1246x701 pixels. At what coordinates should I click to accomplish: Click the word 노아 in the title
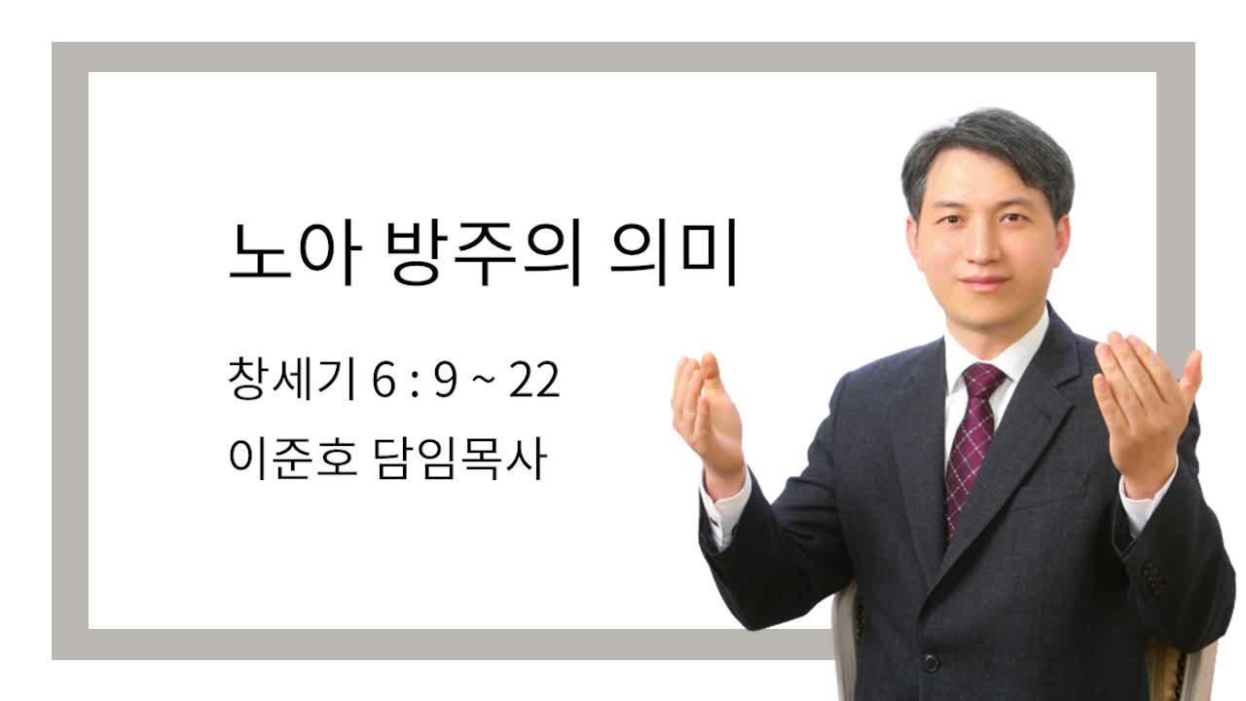[295, 252]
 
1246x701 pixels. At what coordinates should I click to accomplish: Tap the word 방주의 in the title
[484, 252]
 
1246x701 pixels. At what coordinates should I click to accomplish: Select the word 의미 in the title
[674, 252]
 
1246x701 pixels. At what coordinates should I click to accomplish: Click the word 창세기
[292, 379]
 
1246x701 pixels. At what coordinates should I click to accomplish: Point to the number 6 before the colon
[384, 381]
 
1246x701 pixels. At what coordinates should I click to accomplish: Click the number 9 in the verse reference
[446, 381]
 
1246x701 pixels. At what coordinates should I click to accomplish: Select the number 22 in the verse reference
[534, 380]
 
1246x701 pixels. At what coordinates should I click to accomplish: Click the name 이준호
[293, 459]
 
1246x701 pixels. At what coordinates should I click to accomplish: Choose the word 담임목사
[460, 459]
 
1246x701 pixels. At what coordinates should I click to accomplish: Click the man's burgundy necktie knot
[983, 380]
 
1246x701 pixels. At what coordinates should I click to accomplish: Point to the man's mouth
[984, 282]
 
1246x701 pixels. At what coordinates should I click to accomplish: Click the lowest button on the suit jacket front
[931, 663]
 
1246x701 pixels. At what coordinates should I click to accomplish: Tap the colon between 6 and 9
[415, 383]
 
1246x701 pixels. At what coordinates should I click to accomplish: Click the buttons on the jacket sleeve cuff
[1153, 578]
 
